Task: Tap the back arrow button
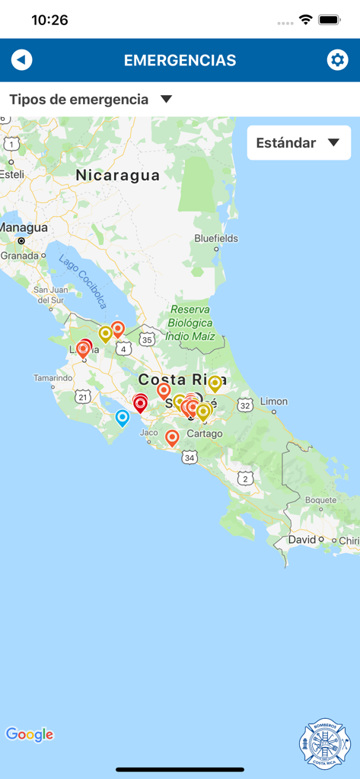point(22,60)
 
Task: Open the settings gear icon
point(337,60)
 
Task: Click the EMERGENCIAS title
point(180,60)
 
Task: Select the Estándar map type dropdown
point(298,143)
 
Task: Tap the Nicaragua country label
point(118,176)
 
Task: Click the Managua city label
point(24,227)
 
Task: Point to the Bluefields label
point(216,238)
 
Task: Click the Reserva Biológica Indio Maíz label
point(190,323)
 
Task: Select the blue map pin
point(122,417)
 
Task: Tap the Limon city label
point(274,401)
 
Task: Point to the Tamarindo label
point(53,378)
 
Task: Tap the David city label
point(302,539)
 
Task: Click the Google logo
point(30,734)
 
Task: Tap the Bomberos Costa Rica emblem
point(325,745)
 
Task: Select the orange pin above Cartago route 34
point(172,437)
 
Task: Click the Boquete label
point(320,500)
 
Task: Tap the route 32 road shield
point(244,406)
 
